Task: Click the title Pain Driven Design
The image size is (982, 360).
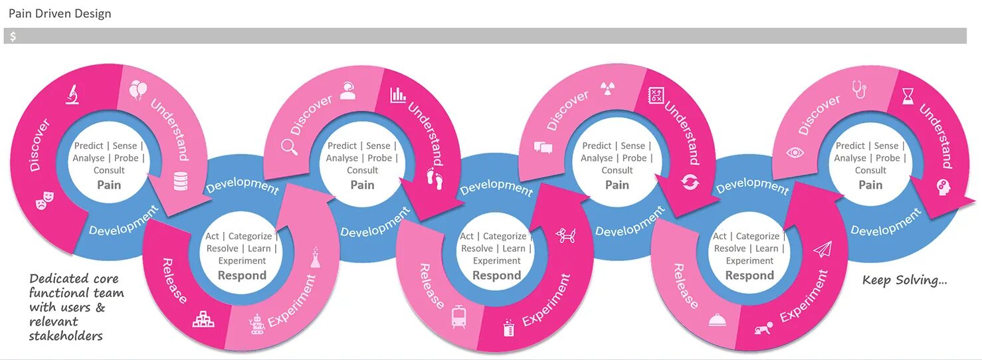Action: coord(60,13)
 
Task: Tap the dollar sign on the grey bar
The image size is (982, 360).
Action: coord(13,37)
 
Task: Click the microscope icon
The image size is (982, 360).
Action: coord(72,94)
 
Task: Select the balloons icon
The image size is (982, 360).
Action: coord(138,90)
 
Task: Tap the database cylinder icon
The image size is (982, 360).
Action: coord(180,180)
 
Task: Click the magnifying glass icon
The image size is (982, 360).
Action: coord(290,146)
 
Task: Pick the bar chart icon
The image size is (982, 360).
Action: coord(398,94)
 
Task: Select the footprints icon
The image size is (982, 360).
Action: coord(434,178)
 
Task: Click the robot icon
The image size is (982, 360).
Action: coord(256,324)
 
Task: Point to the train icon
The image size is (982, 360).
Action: coord(458,316)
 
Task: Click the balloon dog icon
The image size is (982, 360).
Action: coord(566,235)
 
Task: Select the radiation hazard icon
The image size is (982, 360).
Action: coord(607,88)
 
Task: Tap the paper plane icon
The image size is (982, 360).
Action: coord(823,250)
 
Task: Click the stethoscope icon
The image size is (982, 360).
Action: coord(859,89)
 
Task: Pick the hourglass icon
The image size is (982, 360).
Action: coord(908,98)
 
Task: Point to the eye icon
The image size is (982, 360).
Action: coord(795,152)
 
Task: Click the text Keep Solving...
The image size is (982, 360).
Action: coord(904,280)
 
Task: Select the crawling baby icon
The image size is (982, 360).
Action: coord(764,328)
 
